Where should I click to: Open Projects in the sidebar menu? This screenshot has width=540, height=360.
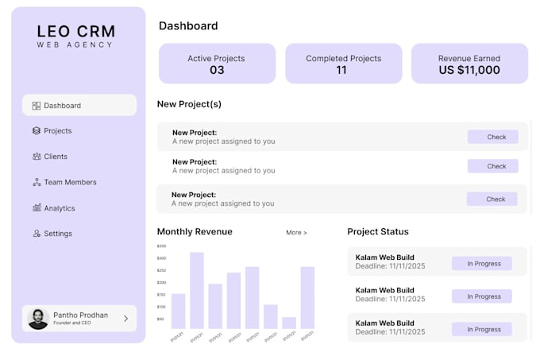click(x=57, y=130)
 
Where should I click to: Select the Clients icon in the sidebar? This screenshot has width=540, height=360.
click(x=37, y=157)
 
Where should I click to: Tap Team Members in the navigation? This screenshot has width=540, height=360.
click(x=70, y=182)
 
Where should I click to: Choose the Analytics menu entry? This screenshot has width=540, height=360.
click(x=59, y=208)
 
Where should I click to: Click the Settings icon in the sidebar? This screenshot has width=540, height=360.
click(x=37, y=234)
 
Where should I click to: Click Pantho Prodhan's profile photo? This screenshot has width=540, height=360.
click(x=38, y=319)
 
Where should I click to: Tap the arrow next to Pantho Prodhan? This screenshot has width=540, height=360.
click(x=125, y=319)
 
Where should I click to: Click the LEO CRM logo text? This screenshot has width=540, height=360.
click(x=75, y=33)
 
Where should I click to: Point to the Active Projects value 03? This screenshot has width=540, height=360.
click(x=217, y=70)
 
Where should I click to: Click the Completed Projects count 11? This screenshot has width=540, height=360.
click(x=341, y=70)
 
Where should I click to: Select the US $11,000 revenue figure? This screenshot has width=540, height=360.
click(x=469, y=70)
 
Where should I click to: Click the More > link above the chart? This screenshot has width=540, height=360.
click(x=296, y=233)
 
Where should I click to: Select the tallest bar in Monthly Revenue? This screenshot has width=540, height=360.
click(x=196, y=290)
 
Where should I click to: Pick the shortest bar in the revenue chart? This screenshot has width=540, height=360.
click(x=289, y=323)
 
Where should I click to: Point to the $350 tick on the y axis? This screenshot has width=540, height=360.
click(x=161, y=246)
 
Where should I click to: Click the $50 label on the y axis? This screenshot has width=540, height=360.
click(x=161, y=319)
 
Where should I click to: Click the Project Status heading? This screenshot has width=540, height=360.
click(x=378, y=232)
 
